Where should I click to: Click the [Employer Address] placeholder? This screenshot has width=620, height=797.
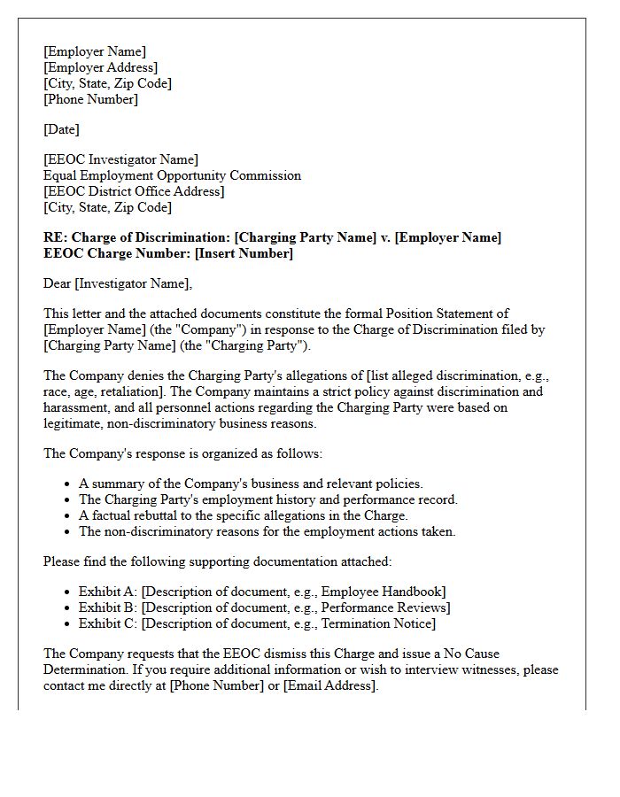coord(101,67)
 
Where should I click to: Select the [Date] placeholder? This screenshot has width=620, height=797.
coord(61,129)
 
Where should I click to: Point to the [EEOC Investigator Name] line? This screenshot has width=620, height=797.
coord(120,159)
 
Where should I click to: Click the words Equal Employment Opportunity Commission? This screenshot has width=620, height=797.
coord(172,175)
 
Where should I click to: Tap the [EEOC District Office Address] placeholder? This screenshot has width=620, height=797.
coord(134,191)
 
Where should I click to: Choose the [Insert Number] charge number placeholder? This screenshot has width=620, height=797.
coord(244,253)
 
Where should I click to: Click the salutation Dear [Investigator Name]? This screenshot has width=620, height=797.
coord(117,283)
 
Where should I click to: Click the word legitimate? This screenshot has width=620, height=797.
coord(76,423)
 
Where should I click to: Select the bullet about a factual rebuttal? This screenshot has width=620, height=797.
coord(243,515)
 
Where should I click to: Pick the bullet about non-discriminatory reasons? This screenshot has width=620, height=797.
coord(267,531)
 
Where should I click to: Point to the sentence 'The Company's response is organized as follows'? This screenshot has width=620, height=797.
coord(183,453)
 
